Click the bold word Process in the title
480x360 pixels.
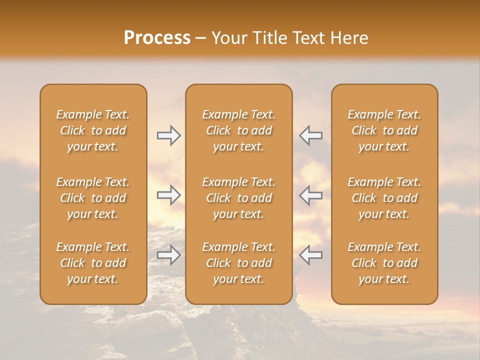click(157, 38)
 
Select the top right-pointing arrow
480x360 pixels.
click(168, 135)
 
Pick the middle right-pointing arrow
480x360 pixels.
click(168, 195)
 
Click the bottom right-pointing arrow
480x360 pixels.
click(168, 255)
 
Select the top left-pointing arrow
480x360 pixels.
click(311, 135)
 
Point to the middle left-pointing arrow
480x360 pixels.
click(311, 195)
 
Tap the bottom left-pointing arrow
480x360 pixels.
click(311, 255)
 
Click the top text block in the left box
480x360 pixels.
click(93, 130)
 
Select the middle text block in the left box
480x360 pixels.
click(93, 198)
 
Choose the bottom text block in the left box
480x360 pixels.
click(93, 263)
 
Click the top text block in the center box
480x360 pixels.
click(238, 130)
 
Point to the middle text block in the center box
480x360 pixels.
click(238, 198)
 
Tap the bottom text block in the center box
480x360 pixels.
click(238, 263)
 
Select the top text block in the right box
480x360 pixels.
click(384, 130)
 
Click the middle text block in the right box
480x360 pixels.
click(384, 198)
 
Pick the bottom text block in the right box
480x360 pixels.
click(384, 263)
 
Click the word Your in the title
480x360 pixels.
click(227, 38)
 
